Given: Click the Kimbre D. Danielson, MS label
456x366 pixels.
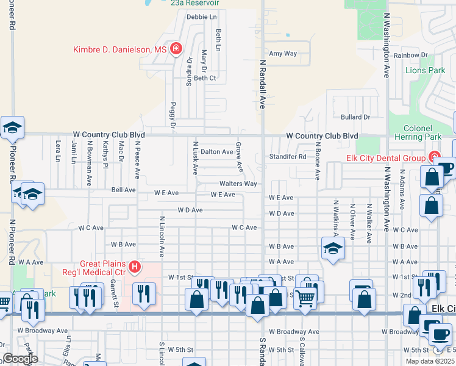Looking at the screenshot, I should click(119, 49).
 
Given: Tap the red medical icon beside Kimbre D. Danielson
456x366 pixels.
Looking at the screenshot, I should click(176, 49).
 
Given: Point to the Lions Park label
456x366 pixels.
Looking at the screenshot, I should click(425, 70).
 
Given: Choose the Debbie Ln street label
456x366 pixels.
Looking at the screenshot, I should click(202, 17).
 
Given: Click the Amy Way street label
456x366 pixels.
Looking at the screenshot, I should click(283, 54).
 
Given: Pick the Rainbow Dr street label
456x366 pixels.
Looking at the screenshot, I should click(410, 56).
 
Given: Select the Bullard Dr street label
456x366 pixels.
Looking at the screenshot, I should click(355, 117).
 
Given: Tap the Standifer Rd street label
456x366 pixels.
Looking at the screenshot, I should click(288, 157).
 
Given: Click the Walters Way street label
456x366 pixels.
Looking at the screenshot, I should click(238, 184).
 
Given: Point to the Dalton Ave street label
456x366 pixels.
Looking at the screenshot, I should click(217, 152).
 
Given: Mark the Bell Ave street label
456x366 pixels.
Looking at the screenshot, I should click(123, 190).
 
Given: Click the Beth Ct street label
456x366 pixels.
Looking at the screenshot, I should click(205, 78).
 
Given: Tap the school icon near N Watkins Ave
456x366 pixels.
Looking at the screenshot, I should click(333, 248).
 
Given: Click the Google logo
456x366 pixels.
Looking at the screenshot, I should click(20, 359).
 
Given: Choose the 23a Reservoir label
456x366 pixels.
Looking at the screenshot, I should click(194, 3).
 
